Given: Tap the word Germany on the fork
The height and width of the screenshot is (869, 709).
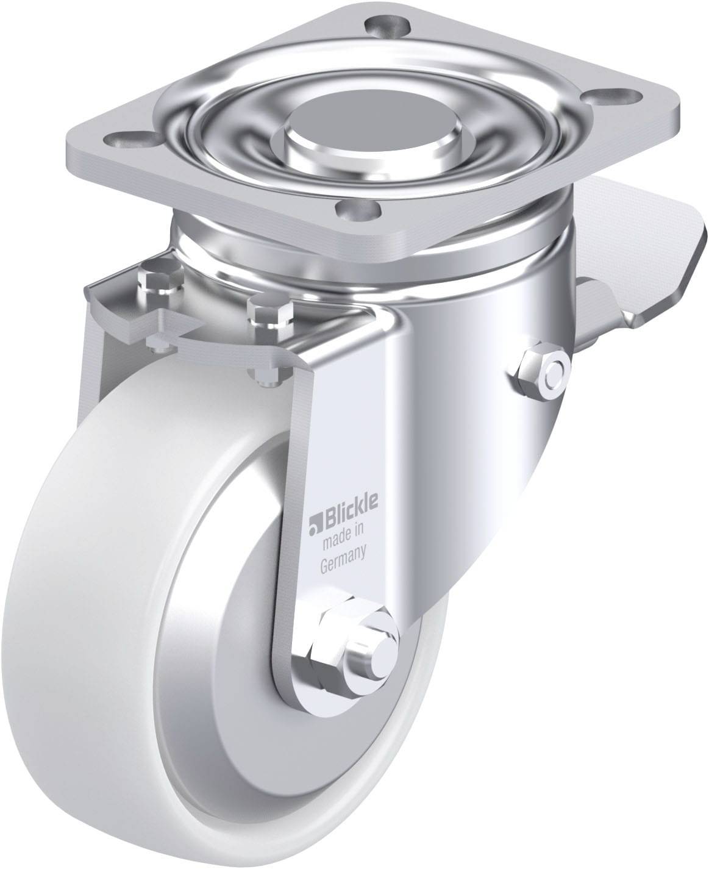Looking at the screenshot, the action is point(343,562).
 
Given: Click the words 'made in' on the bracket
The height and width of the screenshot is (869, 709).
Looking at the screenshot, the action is point(343,538).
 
